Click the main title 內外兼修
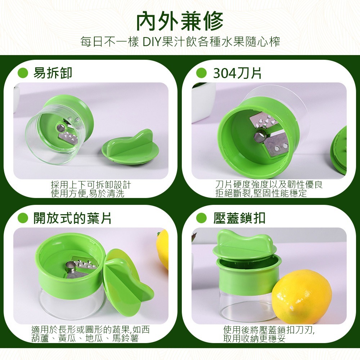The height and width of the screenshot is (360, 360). [180, 21]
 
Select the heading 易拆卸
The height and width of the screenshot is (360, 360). [53, 73]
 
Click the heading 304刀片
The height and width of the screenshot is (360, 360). [237, 73]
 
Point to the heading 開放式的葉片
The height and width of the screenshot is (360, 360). [72, 218]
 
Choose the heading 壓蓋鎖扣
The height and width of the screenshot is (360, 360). [239, 218]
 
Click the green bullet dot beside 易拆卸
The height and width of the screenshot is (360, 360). [23, 73]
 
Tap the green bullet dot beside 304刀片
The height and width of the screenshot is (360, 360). [201, 73]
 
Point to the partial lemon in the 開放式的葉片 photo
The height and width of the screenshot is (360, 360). [163, 248]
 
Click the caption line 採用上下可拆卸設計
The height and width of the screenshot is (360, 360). [91, 185]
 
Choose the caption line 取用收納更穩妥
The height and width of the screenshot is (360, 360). [254, 338]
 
